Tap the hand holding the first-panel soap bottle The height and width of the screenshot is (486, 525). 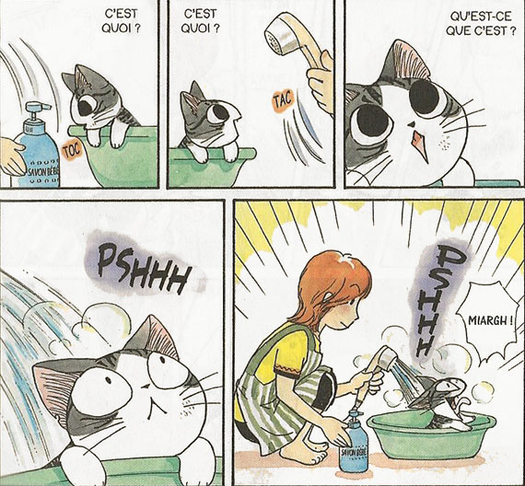tap(11, 156)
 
